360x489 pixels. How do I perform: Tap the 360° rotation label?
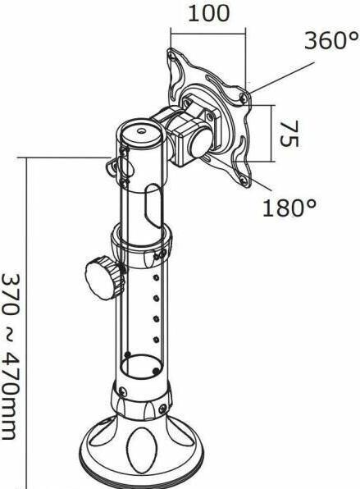point(331,41)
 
